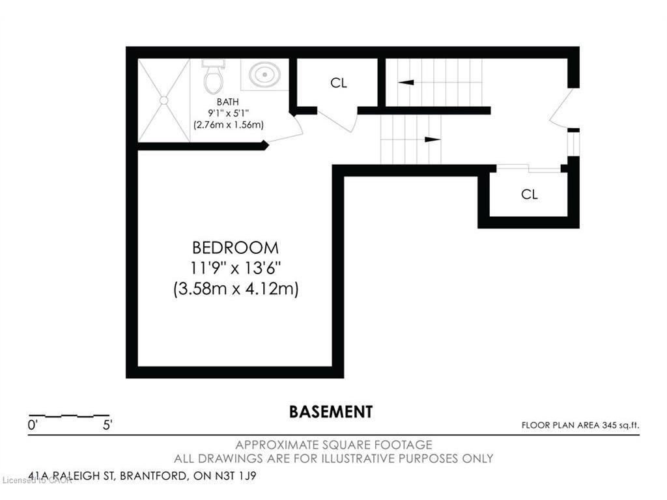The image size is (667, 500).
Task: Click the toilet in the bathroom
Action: pyautogui.click(x=212, y=77)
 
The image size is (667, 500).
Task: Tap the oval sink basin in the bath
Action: pyautogui.click(x=264, y=74)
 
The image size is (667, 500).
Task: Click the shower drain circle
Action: pyautogui.click(x=163, y=100)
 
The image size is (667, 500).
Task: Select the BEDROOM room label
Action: pyautogui.click(x=235, y=247)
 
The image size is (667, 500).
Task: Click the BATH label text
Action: pyautogui.click(x=227, y=102)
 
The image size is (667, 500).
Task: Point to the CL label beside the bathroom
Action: pyautogui.click(x=339, y=83)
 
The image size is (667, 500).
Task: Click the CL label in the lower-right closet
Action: pyautogui.click(x=529, y=194)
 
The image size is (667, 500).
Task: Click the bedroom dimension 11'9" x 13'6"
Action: pyautogui.click(x=235, y=268)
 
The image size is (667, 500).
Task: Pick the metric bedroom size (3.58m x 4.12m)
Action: pyautogui.click(x=236, y=288)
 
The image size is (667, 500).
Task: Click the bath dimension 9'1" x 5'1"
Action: pyautogui.click(x=228, y=113)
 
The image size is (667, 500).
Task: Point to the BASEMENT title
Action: pyautogui.click(x=331, y=411)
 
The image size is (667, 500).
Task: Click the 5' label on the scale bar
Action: pyautogui.click(x=107, y=424)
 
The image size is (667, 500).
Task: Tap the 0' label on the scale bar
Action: pyautogui.click(x=33, y=424)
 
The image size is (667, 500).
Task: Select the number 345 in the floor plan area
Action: pyautogui.click(x=609, y=424)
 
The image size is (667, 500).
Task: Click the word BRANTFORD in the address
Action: pyautogui.click(x=152, y=475)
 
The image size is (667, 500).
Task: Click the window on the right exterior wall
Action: pyautogui.click(x=573, y=144)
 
